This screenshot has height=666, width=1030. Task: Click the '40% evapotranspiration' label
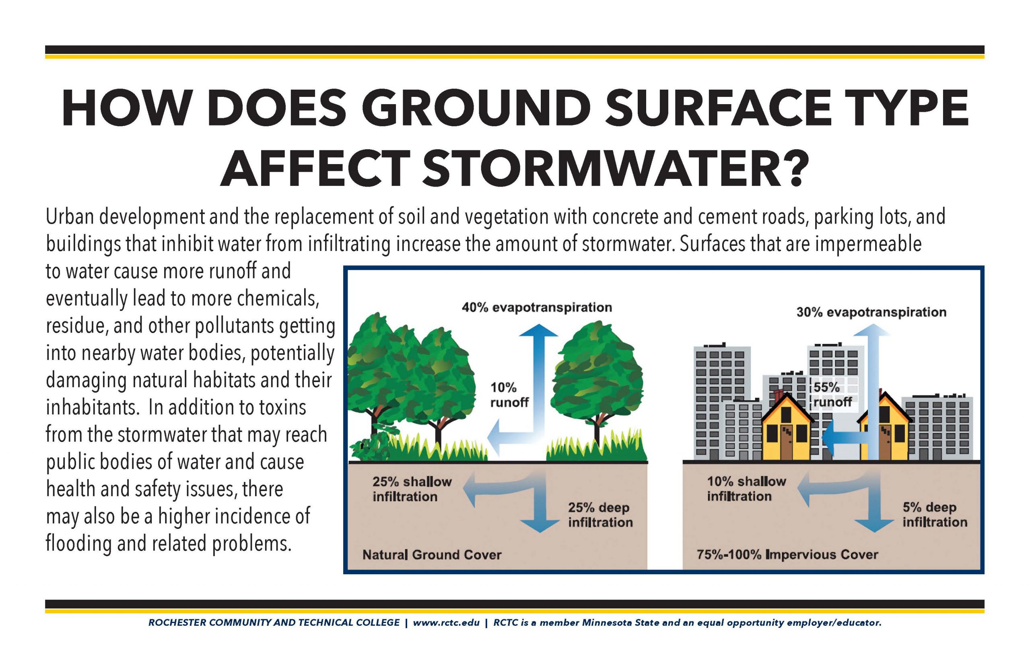537,308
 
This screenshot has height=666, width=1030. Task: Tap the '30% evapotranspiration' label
871,312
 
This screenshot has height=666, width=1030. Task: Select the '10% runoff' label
509,395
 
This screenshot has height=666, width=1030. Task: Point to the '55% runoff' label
832,395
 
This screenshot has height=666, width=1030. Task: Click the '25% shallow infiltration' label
412,489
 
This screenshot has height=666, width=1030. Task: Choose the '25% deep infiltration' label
600,515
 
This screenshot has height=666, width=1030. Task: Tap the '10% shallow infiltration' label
746,489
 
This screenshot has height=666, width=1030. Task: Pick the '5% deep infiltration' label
934,514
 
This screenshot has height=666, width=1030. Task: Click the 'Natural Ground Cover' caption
432,555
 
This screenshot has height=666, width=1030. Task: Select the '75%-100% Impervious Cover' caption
787,555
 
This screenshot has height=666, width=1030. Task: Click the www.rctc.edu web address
446,623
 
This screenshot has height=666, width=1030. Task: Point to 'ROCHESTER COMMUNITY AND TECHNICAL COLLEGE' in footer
274,623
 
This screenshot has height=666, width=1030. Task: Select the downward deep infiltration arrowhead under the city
874,525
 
